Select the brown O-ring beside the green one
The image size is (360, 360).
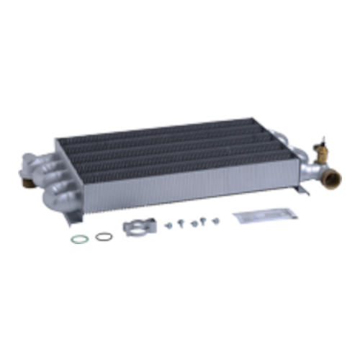[104, 235]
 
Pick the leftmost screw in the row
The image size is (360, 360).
[168, 225]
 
